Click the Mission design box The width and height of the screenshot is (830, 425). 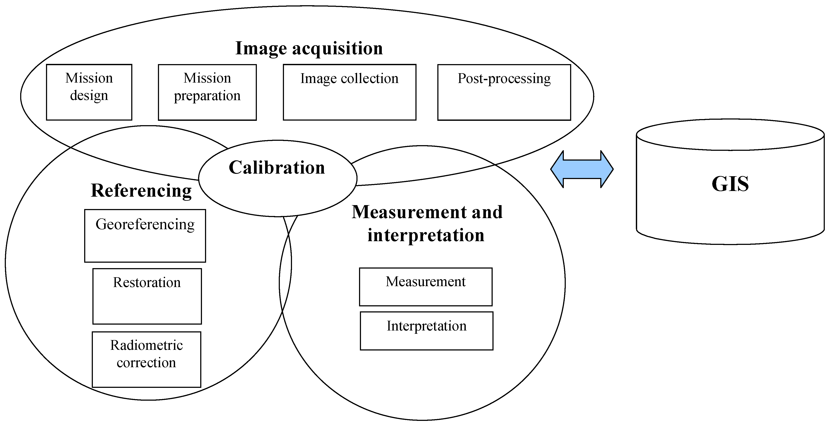point(89,92)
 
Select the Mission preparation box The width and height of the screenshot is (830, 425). point(207,92)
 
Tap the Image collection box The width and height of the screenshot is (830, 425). point(349,92)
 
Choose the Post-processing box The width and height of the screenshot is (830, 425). point(504,92)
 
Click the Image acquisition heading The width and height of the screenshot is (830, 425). point(309,48)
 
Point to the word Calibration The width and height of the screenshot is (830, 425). point(277,168)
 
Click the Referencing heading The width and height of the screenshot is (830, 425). point(141,190)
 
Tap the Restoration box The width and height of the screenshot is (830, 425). point(147,296)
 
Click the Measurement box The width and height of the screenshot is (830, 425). point(426,287)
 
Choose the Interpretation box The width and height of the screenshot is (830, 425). point(426,331)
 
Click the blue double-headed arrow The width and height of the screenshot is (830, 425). point(582,169)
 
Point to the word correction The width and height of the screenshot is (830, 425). point(146,363)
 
